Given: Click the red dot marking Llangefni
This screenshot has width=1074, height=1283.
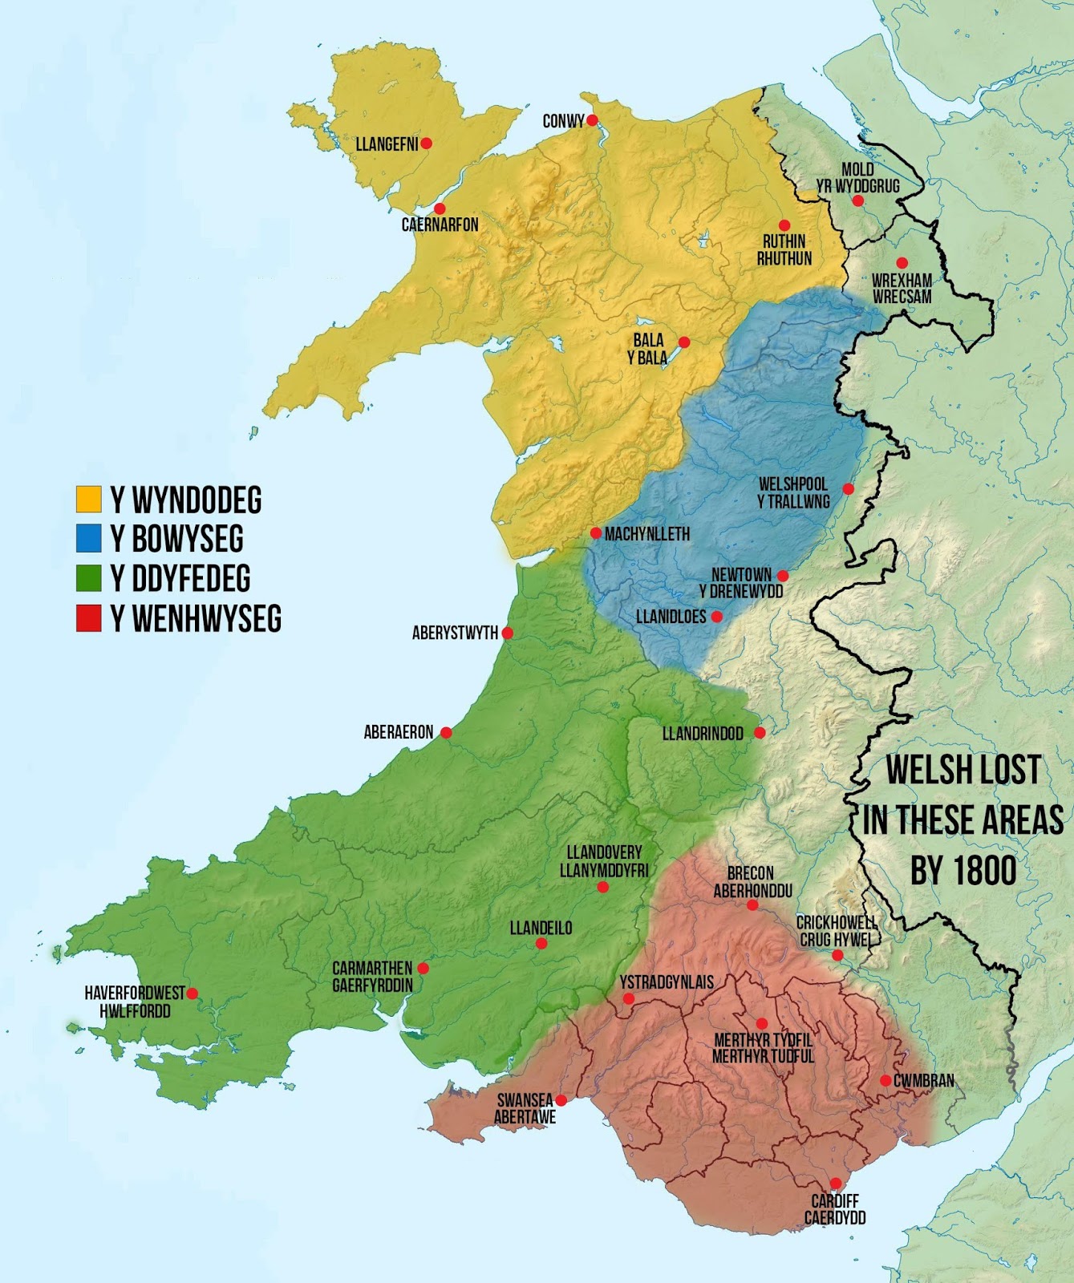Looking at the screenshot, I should click(427, 144).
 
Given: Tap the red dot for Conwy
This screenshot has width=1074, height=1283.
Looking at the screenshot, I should click(592, 120).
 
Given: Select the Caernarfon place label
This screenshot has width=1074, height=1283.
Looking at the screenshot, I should click(440, 225).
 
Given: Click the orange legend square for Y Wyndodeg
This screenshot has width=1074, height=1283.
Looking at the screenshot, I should click(88, 499).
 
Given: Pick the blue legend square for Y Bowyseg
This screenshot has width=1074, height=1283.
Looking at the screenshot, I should click(88, 538).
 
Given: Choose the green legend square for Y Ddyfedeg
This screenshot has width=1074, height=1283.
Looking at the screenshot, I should click(88, 578).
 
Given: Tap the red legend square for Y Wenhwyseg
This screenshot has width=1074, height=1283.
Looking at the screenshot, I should click(88, 618).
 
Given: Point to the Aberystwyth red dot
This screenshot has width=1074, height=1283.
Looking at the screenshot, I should click(507, 633).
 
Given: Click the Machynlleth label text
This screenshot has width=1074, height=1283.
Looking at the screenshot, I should click(647, 534).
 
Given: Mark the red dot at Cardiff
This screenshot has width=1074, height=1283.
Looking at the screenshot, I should click(836, 1184).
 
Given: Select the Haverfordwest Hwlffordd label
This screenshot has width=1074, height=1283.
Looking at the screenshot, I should click(135, 1002).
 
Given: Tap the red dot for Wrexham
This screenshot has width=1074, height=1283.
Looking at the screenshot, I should click(902, 263).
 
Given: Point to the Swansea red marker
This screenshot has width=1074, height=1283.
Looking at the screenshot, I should click(561, 1100).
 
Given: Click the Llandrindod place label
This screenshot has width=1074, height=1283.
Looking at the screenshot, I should click(703, 734).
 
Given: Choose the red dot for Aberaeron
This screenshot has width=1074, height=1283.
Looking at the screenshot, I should click(446, 732).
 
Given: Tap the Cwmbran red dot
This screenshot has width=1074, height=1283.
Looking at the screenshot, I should click(886, 1081).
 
